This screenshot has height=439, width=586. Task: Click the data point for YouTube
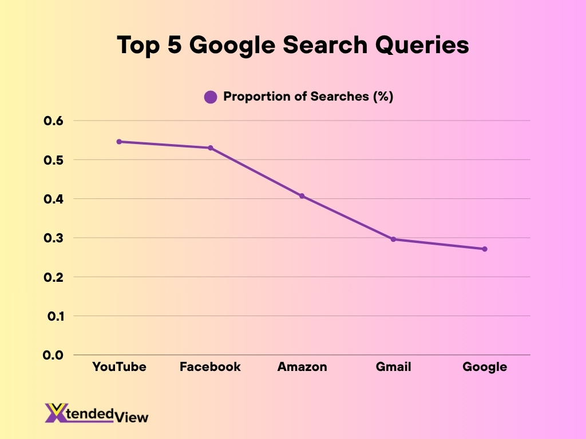pyautogui.click(x=119, y=141)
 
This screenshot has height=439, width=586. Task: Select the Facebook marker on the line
pyautogui.click(x=211, y=148)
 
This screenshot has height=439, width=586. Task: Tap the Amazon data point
pyautogui.click(x=302, y=196)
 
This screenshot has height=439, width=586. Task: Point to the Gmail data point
pyautogui.click(x=393, y=239)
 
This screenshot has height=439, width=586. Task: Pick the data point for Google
pyautogui.click(x=485, y=249)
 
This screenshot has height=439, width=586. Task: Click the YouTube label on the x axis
pyautogui.click(x=119, y=366)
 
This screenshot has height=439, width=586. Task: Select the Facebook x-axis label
pyautogui.click(x=210, y=366)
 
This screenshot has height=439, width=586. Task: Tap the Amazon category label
pyautogui.click(x=302, y=366)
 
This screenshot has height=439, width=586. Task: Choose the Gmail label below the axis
pyautogui.click(x=393, y=366)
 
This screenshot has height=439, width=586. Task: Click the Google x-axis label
pyautogui.click(x=485, y=366)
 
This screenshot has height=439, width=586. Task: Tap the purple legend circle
pyautogui.click(x=211, y=97)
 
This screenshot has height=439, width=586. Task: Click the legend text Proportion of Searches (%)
pyautogui.click(x=308, y=97)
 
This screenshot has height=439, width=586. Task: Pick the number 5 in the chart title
pyautogui.click(x=174, y=45)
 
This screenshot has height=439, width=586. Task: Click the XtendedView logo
pyautogui.click(x=96, y=413)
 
